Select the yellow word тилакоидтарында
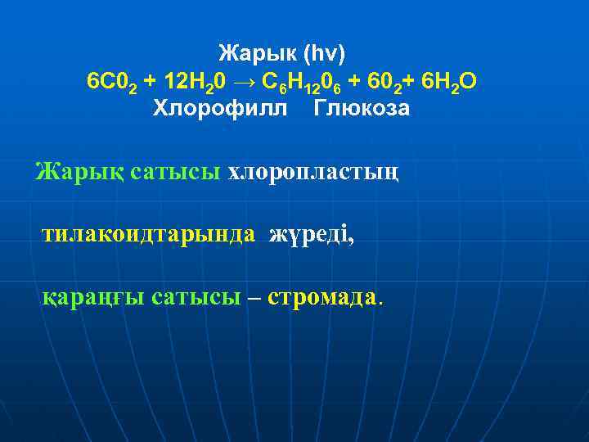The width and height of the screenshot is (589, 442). (x=148, y=235)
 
